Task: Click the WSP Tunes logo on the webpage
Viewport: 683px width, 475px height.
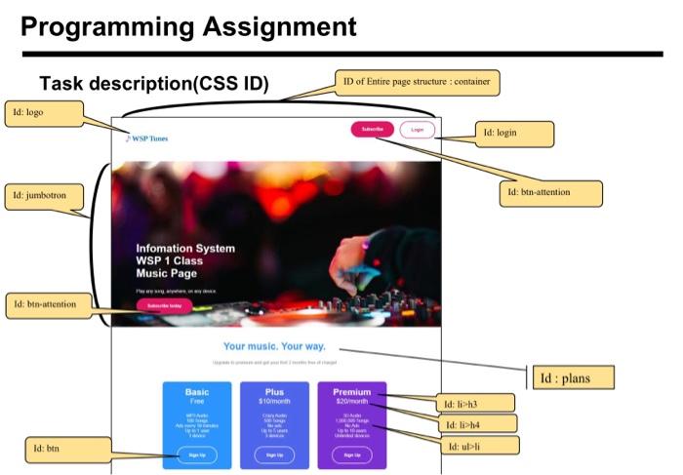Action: (x=146, y=139)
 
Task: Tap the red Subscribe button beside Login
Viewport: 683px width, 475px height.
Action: (x=373, y=129)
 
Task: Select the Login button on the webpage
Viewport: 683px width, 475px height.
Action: (x=417, y=129)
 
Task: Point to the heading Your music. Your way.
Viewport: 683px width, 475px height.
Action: (x=273, y=346)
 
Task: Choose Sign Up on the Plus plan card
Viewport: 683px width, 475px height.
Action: (x=274, y=455)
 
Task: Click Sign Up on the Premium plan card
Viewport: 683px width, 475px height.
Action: (x=351, y=455)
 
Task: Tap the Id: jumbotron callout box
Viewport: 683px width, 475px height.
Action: (x=46, y=195)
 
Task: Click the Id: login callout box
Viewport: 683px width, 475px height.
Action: (x=513, y=133)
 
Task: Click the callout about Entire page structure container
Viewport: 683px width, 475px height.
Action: (x=417, y=82)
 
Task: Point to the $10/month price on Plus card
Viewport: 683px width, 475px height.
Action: (x=274, y=401)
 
